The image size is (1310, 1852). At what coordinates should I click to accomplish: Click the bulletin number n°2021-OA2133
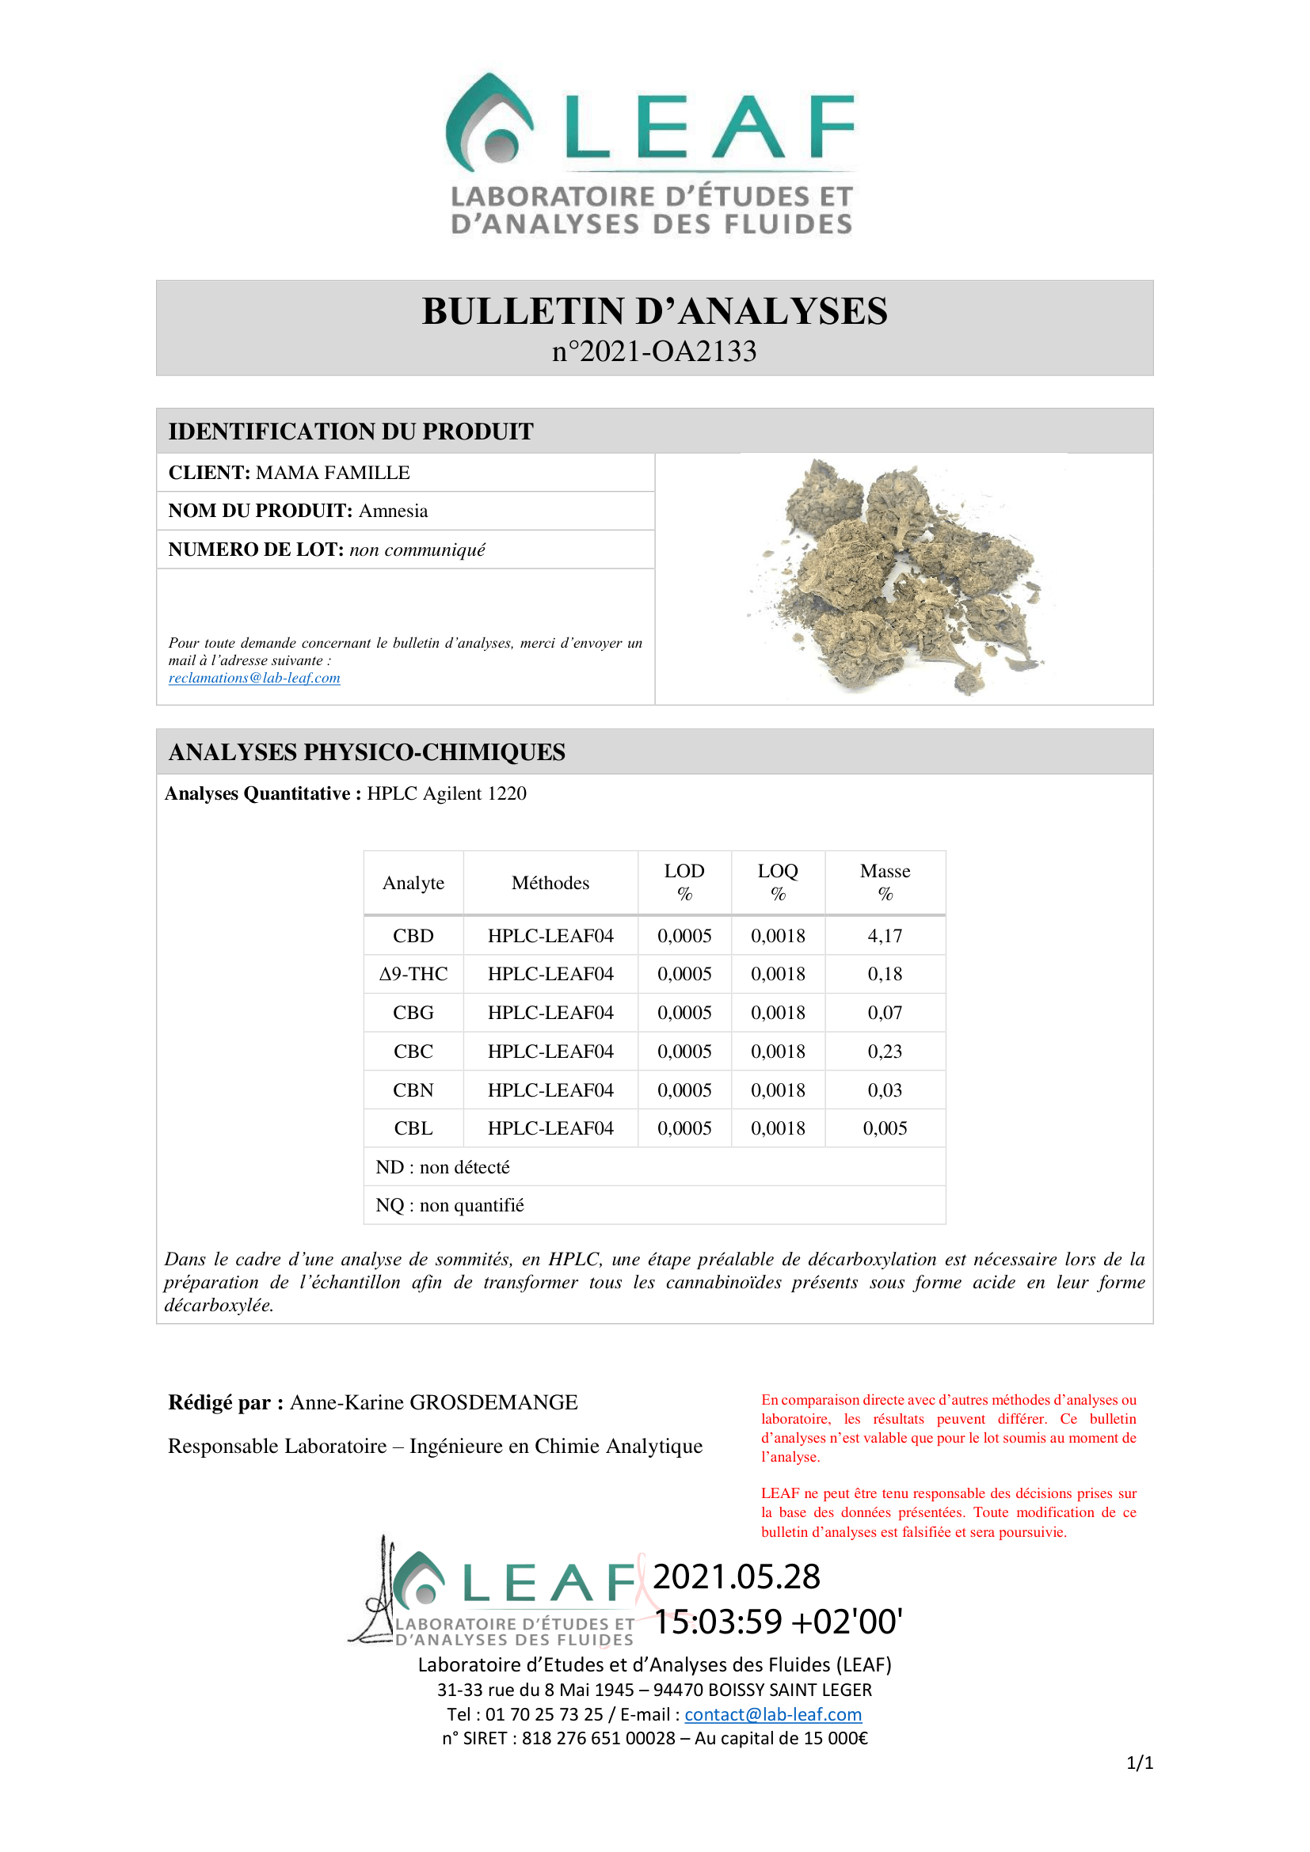click(x=654, y=352)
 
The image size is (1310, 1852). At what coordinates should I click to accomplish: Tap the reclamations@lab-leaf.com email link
click(x=254, y=679)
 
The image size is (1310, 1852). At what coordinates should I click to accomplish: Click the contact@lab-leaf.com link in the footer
click(x=773, y=1714)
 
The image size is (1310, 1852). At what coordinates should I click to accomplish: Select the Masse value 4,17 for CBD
click(x=885, y=936)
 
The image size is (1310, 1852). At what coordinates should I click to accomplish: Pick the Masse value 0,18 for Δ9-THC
click(x=885, y=974)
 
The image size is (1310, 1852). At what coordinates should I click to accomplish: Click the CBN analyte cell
click(x=413, y=1090)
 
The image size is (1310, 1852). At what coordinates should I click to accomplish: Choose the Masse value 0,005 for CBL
click(x=885, y=1128)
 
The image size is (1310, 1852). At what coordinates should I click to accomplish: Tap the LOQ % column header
click(x=778, y=881)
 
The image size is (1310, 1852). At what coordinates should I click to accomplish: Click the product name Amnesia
click(x=393, y=511)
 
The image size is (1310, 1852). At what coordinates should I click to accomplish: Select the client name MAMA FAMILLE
click(x=333, y=473)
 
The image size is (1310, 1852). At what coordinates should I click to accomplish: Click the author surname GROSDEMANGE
click(x=493, y=1403)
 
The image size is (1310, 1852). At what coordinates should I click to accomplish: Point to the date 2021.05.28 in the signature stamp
click(x=736, y=1577)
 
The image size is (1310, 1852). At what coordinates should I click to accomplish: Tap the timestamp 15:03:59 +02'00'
click(x=778, y=1622)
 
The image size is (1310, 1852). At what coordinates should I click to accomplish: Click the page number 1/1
click(x=1139, y=1763)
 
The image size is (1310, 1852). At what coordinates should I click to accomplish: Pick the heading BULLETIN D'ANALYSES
click(x=654, y=311)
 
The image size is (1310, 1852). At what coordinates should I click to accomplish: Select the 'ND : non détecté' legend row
click(x=443, y=1167)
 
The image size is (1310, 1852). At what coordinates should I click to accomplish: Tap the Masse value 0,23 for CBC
click(x=885, y=1051)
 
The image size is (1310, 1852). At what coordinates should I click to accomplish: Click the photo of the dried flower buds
click(x=900, y=576)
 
